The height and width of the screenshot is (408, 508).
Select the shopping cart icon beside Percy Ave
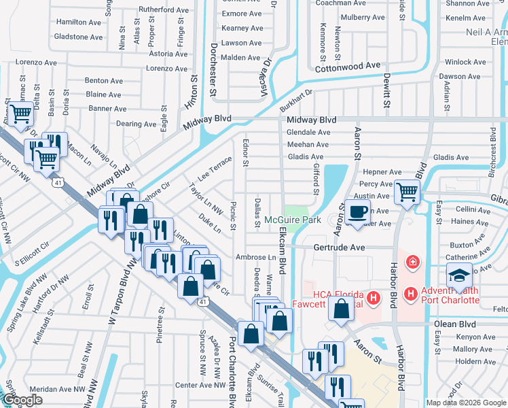tap(407, 192)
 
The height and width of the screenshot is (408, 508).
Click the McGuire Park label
tap(292, 220)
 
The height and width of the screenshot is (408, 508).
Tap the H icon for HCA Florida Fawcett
tap(372, 297)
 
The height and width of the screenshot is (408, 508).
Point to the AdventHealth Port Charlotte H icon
tap(410, 293)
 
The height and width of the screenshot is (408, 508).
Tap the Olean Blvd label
tap(458, 324)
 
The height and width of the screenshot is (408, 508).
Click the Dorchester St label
tap(212, 68)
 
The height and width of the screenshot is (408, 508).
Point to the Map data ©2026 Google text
tap(466, 403)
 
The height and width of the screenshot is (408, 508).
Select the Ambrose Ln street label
tap(255, 258)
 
